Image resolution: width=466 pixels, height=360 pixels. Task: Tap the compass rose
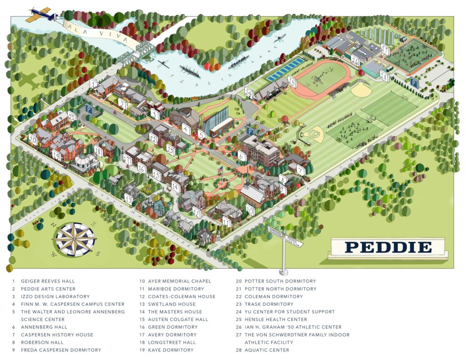[74, 239]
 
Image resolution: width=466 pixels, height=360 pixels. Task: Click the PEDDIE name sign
[388, 247]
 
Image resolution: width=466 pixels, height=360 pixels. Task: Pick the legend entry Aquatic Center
[267, 350]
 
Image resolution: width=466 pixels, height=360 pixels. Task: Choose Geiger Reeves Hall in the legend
[48, 281]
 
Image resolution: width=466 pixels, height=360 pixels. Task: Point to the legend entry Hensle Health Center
[276, 319]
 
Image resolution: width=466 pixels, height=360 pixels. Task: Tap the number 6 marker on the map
[242, 156]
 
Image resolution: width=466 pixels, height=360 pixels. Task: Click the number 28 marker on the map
[384, 76]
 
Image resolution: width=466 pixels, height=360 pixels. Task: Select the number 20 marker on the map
[32, 139]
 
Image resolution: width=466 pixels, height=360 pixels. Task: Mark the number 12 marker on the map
[197, 212]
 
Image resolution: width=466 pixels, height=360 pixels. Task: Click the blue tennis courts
[285, 69]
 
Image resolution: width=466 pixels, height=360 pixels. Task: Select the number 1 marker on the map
[94, 84]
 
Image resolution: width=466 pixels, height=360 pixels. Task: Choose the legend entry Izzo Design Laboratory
[55, 296]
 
